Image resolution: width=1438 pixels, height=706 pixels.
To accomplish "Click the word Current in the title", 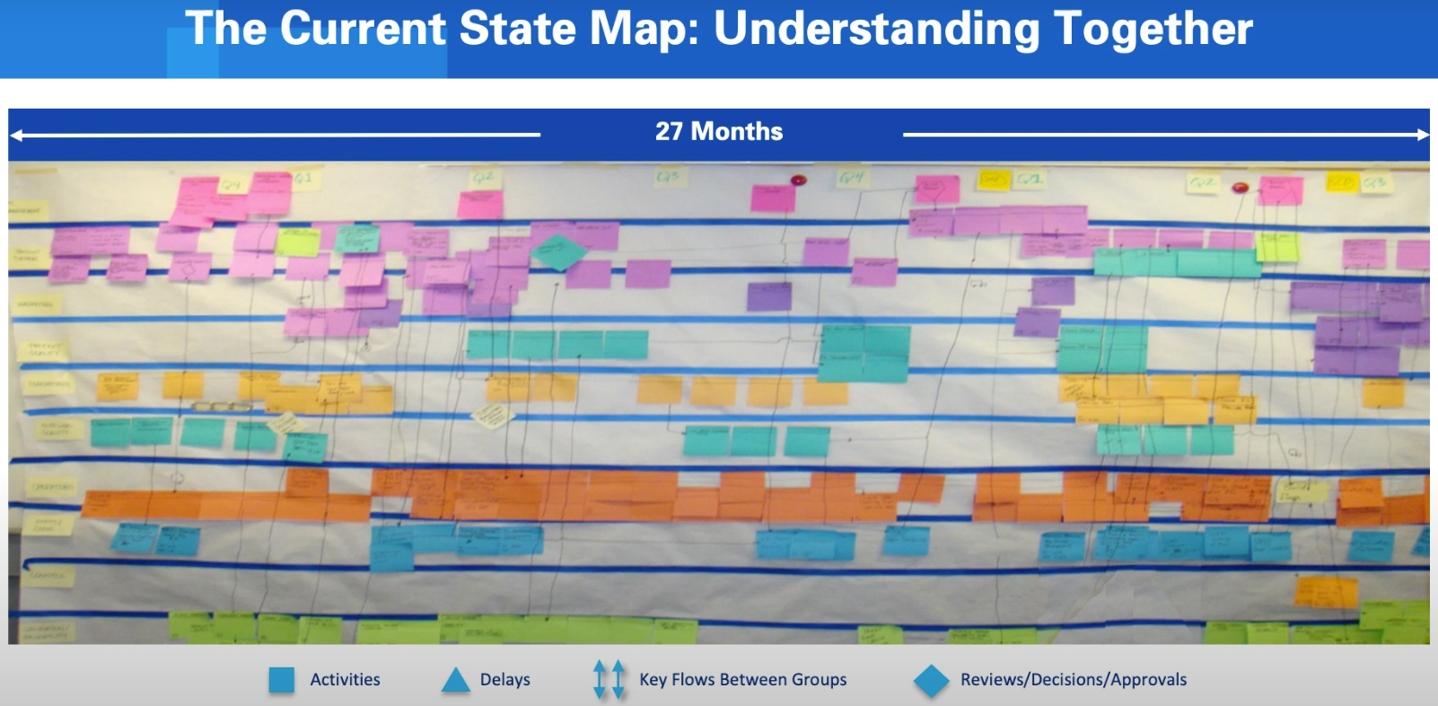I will pos(363,29).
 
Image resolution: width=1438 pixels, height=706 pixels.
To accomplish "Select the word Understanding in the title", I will pos(876,29).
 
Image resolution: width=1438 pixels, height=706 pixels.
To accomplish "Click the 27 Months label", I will pos(719,131).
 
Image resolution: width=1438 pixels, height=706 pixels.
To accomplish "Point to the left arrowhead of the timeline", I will pos(17,136).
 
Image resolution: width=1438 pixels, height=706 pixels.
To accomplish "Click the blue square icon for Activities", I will pos(282,680).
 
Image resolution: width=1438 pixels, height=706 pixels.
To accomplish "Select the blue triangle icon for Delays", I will pos(456,680).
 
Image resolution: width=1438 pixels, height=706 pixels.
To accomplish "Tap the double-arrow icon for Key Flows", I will pos(609,680).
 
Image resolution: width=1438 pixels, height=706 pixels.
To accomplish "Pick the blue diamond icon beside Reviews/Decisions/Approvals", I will pos(931,681).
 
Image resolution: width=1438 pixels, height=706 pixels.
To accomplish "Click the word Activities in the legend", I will pos(345,680).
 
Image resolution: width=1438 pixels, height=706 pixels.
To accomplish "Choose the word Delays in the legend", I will pos(504,680).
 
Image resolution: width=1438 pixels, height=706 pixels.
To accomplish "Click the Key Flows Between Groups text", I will pos(742,680).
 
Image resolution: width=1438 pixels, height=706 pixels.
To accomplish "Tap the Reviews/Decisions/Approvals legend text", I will pos(1074,680).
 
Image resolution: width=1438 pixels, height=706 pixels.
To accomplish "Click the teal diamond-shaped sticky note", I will pos(557,252).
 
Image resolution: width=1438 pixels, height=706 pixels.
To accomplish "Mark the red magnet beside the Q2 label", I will pos(1241,187).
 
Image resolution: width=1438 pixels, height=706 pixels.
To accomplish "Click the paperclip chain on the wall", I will pos(222,407).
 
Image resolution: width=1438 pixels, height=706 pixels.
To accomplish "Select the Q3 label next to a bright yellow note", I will pos(1374,182).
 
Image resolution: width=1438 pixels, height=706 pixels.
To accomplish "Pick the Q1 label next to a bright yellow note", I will pos(1029,180).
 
